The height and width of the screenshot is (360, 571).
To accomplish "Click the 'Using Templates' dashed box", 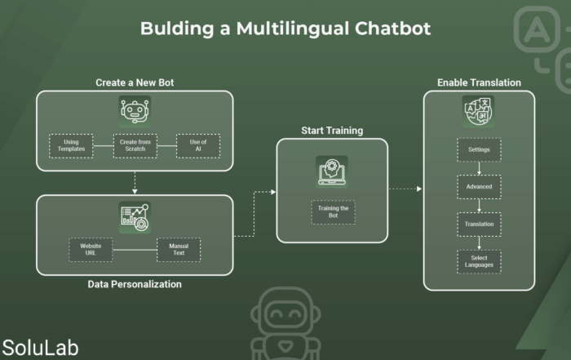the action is click(x=71, y=146).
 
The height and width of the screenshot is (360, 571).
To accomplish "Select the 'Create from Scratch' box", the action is click(x=135, y=146).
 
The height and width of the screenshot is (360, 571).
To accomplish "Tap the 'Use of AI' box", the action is click(x=198, y=146).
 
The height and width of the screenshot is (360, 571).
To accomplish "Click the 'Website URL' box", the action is click(x=91, y=250).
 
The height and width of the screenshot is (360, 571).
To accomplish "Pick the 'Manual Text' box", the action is click(x=179, y=250).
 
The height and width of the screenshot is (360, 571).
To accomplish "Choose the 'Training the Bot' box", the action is click(x=333, y=212).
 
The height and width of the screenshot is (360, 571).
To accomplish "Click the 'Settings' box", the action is click(x=480, y=149).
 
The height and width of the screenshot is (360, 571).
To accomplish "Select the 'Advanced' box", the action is click(x=480, y=187).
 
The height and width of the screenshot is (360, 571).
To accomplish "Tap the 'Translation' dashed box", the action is click(x=480, y=224).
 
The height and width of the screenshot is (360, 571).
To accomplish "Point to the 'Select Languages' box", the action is click(x=480, y=261).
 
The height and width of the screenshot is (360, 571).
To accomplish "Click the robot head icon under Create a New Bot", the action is click(x=135, y=112).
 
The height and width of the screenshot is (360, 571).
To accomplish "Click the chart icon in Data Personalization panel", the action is click(x=135, y=217).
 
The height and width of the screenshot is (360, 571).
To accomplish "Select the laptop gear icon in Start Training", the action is click(x=332, y=171).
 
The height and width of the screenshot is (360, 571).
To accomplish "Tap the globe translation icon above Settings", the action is click(x=478, y=112).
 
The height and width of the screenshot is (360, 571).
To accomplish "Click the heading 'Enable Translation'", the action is click(x=479, y=82).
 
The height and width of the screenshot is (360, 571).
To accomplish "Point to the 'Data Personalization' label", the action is click(x=135, y=284).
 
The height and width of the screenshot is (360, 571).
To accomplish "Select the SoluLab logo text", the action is click(x=41, y=348).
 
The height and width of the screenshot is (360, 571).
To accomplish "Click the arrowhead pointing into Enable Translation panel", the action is click(x=419, y=189).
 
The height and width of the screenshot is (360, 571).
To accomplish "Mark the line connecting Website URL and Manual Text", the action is click(x=135, y=250).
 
